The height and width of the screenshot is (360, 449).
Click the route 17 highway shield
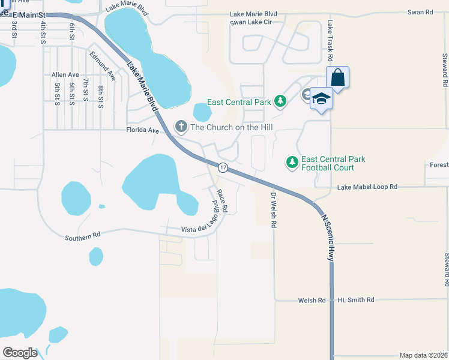point(223,167)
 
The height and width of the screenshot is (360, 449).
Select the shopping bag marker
point(338,77)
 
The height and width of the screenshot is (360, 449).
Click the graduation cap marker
point(321,98)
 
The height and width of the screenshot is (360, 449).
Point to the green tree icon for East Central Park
point(280,102)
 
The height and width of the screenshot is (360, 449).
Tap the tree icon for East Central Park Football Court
point(292,163)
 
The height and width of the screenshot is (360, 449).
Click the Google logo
point(20,353)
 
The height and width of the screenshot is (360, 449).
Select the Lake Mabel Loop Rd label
point(367,187)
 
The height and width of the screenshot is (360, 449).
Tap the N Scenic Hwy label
point(327,238)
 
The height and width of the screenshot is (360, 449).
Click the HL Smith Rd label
point(356,300)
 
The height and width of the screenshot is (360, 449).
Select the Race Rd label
point(221,201)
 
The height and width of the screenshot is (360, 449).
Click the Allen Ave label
point(65,74)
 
